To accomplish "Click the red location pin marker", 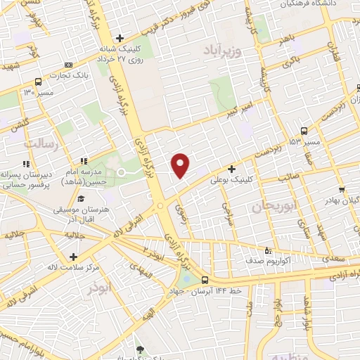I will pos(181,165).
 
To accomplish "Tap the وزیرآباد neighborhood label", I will pos(224,50).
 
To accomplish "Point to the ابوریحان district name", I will pos(271,206).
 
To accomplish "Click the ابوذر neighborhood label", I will pos(101,288).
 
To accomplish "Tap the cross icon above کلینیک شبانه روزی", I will pos(121,38).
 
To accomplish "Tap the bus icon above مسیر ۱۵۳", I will pos(304,131).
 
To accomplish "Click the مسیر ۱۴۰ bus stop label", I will pos(39,92).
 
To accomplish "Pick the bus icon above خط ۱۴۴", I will pos(204,280).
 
